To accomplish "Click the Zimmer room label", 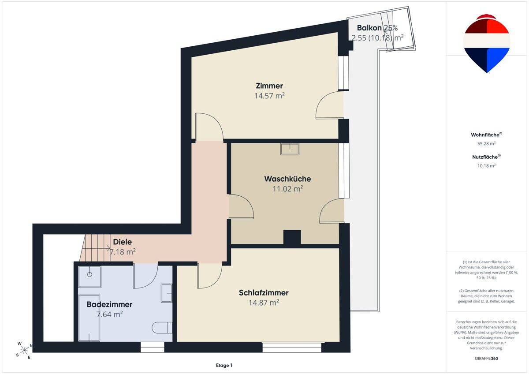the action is point(269,86).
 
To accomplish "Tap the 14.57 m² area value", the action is point(269,96).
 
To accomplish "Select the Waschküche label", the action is point(287,179).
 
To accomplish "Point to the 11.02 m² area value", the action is point(287,189).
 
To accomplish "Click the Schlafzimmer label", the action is point(264,293).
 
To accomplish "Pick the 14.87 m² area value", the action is point(264,303).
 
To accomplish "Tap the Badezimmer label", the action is point(109,304).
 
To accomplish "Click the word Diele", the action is point(123,242).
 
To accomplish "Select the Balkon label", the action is point(369,28).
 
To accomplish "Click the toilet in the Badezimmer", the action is point(162,327).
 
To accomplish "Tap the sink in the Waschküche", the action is point(290,149).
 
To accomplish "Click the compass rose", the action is point(24,350).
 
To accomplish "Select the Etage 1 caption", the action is point(224,365).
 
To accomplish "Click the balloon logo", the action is point(487,44).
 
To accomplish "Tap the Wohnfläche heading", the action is point(486,135).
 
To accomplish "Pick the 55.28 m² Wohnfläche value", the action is point(486,143).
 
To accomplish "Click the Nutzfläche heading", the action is point(486,157).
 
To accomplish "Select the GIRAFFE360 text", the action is point(486,359).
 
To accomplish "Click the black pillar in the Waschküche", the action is point(292,237).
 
